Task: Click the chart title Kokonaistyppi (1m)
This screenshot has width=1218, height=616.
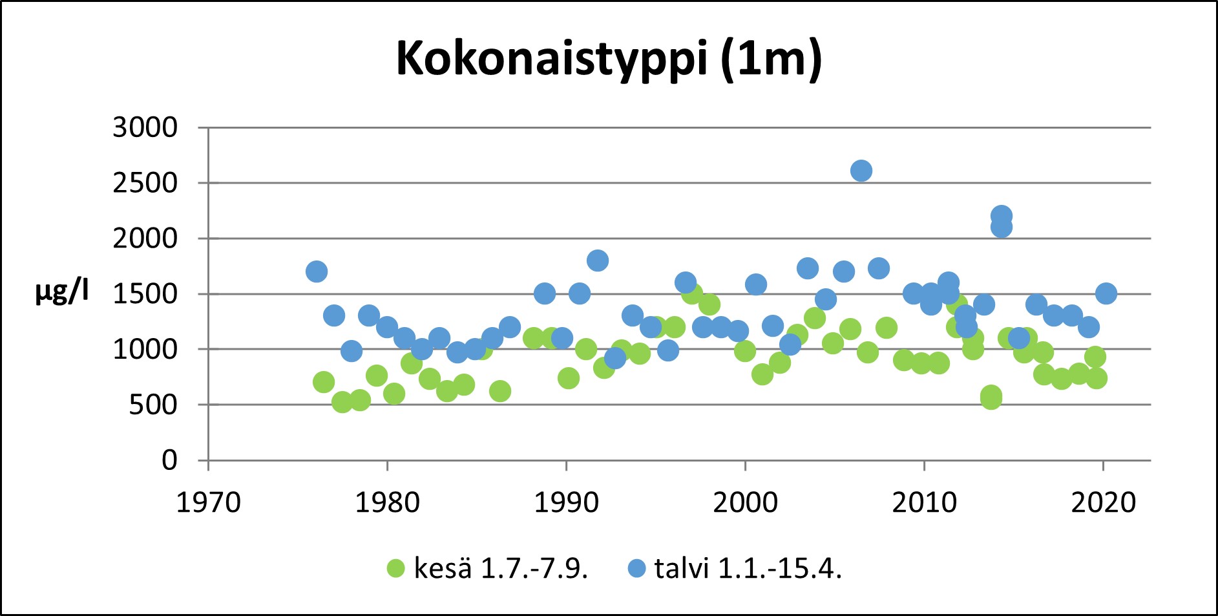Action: pos(608,59)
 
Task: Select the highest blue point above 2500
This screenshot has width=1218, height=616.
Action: pos(861,171)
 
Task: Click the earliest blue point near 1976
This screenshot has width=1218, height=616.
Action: pos(316,271)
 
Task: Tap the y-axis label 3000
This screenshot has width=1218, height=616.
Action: pos(145,127)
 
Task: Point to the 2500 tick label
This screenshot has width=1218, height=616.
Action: pos(145,183)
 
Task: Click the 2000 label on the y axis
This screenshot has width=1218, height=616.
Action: pos(145,239)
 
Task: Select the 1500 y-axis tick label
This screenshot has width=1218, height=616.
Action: pos(145,294)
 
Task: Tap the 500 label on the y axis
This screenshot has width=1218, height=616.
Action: pos(152,405)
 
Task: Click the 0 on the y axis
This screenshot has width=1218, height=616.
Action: pos(169,460)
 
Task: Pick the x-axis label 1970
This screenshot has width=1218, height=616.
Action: pos(208,502)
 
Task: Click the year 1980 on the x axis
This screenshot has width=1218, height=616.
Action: pos(387,502)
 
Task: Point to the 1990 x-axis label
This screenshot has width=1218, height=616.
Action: pos(566,502)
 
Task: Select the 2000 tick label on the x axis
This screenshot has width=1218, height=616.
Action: pos(745,502)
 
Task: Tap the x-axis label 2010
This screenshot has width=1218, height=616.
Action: pos(924,502)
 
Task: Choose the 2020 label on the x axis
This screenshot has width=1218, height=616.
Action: pos(1103,502)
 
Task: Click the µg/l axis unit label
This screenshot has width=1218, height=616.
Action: pos(62,292)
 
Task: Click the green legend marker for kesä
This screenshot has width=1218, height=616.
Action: pos(395,568)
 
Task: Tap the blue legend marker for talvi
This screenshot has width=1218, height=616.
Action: pos(636,568)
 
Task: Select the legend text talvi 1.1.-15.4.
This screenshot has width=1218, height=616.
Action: pos(748,568)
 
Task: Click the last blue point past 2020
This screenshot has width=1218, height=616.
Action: pos(1106,293)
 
